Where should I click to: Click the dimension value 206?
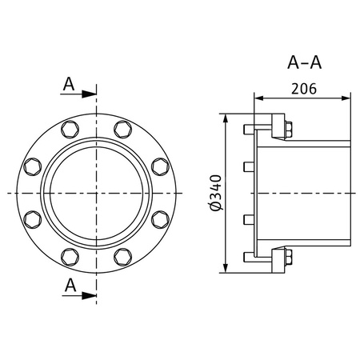(302, 89)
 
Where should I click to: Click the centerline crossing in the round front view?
(97, 194)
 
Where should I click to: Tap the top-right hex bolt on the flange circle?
(123, 130)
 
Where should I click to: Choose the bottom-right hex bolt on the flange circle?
(123, 257)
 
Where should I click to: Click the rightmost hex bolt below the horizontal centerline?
(160, 220)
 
